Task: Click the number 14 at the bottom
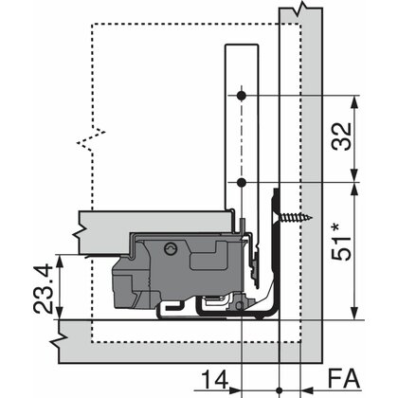[x=216, y=380]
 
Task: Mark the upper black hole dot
[x=244, y=96]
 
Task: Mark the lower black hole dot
[x=244, y=180]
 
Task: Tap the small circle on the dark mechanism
[x=171, y=249]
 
